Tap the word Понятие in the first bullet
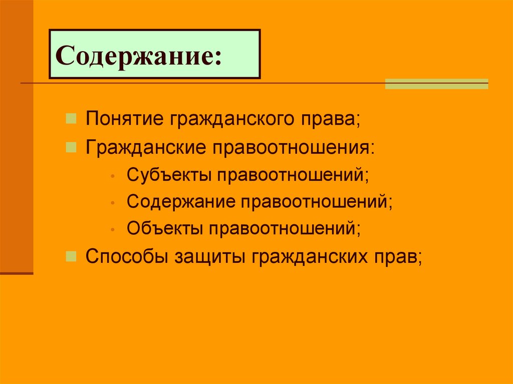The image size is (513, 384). (x=125, y=120)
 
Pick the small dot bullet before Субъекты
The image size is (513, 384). (x=114, y=176)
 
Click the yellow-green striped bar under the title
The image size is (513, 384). (x=436, y=84)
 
